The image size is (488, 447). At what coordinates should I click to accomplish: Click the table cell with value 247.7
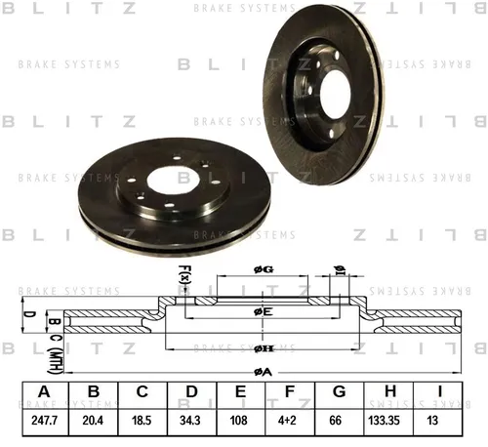(x=45, y=421)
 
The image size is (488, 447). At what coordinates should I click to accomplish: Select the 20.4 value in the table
(x=93, y=421)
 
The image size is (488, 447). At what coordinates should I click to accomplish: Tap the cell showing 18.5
(x=142, y=421)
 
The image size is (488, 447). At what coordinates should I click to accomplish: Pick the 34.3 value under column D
(x=190, y=421)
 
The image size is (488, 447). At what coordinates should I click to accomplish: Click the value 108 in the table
(x=239, y=421)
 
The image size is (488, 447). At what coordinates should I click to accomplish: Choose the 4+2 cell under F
(x=287, y=421)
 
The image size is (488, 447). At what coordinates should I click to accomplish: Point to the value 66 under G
(x=336, y=421)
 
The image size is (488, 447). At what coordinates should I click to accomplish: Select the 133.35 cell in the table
(x=384, y=421)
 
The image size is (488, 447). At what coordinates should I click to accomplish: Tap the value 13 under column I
(x=432, y=421)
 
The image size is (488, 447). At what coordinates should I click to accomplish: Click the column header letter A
(x=44, y=391)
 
